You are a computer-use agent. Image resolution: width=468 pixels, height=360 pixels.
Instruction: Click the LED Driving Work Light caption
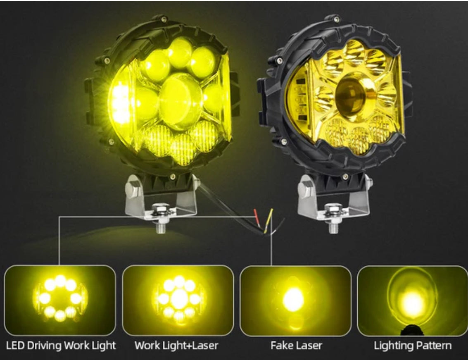click(61, 346)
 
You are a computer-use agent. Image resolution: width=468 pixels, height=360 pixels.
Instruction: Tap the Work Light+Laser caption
click(176, 346)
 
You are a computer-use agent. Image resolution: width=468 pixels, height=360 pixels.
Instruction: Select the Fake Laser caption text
click(296, 346)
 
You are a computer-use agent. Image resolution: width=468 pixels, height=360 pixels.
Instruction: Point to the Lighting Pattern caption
click(413, 346)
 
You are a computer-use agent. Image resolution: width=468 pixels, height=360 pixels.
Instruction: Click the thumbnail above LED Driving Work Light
click(60, 300)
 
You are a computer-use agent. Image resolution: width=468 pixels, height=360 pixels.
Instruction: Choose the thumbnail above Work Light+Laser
click(178, 300)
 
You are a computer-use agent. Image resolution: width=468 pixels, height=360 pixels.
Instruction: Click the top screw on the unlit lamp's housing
click(336, 19)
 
